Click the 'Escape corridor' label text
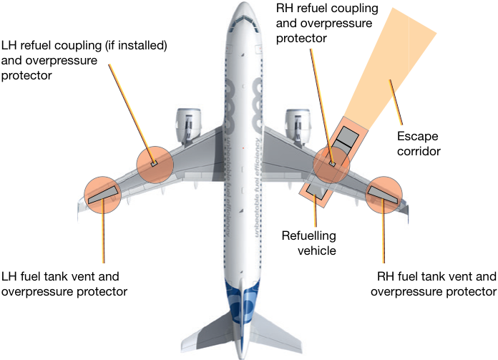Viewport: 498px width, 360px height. pyautogui.click(x=419, y=144)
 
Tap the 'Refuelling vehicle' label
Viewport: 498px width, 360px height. pyautogui.click(x=308, y=243)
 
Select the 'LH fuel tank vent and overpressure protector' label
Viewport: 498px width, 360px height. pyautogui.click(x=64, y=283)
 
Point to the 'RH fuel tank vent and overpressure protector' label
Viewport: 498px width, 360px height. pyautogui.click(x=434, y=283)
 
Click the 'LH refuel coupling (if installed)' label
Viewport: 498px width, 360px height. pyautogui.click(x=84, y=45)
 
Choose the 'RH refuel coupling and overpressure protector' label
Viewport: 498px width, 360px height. pyautogui.click(x=327, y=23)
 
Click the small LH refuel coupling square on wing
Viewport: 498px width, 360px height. pyautogui.click(x=154, y=164)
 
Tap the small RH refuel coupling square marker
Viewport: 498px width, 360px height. pyautogui.click(x=332, y=164)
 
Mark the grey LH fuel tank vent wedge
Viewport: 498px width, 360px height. pyautogui.click(x=104, y=195)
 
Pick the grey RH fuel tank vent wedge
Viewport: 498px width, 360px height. pyautogui.click(x=382, y=195)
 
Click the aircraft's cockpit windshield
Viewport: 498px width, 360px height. pyautogui.click(x=243, y=23)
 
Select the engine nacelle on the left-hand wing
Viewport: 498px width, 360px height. pyautogui.click(x=188, y=125)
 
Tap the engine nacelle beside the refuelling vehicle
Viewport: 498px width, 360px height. pyautogui.click(x=298, y=125)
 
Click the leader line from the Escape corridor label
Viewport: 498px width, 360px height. pyautogui.click(x=396, y=102)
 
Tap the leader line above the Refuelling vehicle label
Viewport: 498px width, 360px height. pyautogui.click(x=315, y=210)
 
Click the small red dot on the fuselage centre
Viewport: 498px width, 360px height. pyautogui.click(x=243, y=148)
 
